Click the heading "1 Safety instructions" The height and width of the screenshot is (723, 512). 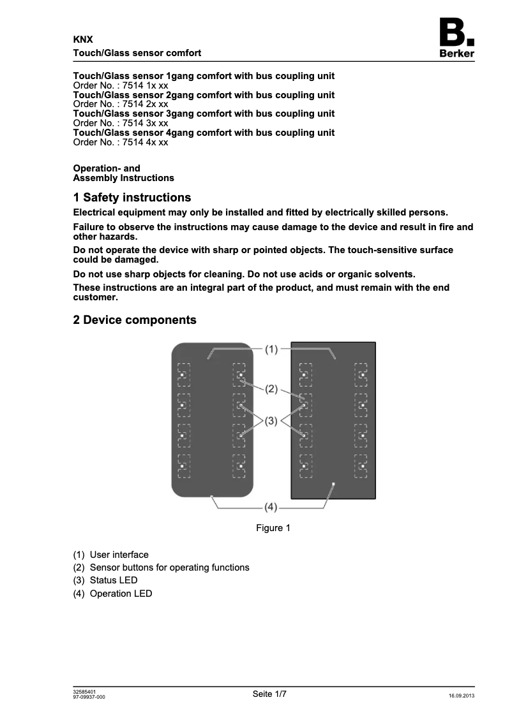[132, 198]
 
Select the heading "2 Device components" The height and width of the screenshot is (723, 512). [135, 320]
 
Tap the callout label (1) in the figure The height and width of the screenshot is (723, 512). [272, 349]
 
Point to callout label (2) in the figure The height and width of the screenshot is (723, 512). [272, 388]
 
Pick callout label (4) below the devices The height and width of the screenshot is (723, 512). [271, 508]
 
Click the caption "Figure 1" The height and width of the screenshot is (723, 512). [273, 528]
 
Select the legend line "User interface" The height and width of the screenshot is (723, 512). [119, 555]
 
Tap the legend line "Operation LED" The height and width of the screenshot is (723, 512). [121, 594]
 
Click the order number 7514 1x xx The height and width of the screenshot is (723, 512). [121, 85]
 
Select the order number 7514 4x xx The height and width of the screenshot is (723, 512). [121, 142]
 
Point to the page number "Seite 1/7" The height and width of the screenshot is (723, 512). [270, 694]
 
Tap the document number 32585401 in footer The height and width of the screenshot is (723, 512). [85, 692]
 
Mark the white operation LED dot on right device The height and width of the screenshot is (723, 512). [333, 485]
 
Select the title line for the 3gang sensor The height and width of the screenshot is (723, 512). [204, 113]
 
